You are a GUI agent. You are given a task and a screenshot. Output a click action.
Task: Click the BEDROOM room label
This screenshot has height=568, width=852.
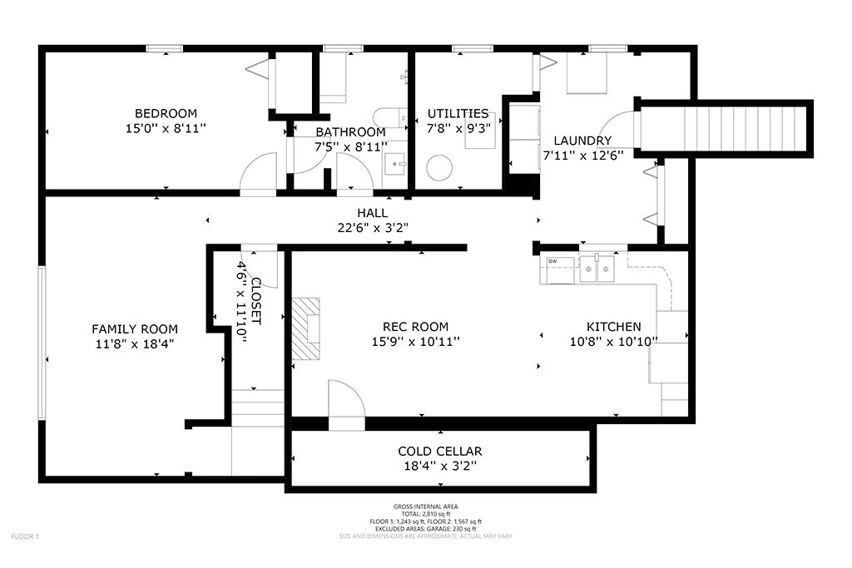(166, 113)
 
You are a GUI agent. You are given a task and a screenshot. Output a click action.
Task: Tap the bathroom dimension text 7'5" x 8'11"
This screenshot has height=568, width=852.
(351, 146)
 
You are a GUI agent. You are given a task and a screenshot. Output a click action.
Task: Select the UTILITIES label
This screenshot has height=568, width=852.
(458, 113)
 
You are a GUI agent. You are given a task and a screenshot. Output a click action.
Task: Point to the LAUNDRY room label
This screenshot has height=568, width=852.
(582, 141)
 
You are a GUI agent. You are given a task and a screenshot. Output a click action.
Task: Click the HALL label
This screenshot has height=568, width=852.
(372, 213)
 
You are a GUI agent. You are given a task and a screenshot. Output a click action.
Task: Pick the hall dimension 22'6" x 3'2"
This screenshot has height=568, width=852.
(373, 228)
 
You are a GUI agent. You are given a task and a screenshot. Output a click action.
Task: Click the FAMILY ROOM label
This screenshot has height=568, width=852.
(135, 329)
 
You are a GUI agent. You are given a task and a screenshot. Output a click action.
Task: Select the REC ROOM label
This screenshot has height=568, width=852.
(416, 327)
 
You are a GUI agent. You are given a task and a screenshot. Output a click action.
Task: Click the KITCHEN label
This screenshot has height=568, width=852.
(613, 327)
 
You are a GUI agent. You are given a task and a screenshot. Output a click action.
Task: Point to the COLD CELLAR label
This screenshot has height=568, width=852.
(440, 452)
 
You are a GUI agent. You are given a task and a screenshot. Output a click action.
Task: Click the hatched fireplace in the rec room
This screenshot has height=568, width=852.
(306, 328)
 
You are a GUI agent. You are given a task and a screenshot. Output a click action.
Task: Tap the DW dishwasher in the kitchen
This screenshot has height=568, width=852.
(560, 270)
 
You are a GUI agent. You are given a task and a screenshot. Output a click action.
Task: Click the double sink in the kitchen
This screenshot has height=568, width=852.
(597, 269)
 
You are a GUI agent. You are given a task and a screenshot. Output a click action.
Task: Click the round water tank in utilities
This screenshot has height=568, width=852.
(439, 168)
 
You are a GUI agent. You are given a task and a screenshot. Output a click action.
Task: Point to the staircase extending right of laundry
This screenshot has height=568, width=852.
(725, 129)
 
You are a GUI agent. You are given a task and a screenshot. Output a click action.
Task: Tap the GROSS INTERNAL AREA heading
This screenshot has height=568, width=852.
(426, 506)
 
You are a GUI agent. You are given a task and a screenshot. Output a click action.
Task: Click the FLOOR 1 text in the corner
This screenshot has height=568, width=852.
(25, 537)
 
